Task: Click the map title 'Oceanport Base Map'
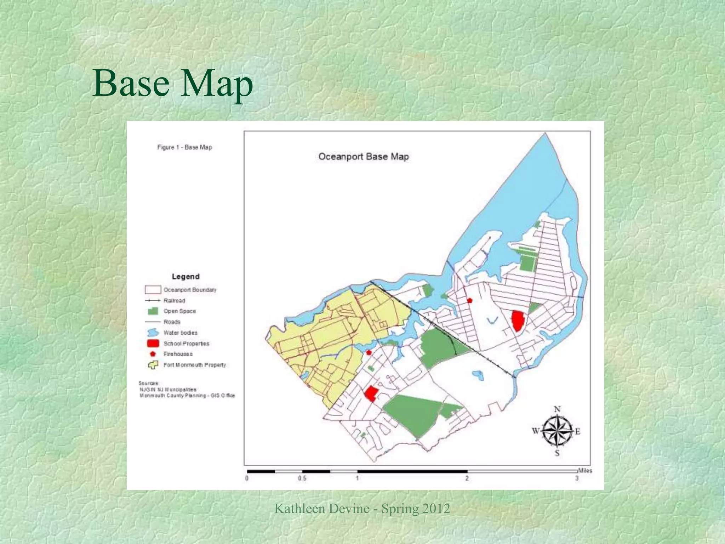pos(364,157)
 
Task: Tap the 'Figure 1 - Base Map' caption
pos(184,147)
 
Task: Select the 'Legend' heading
pos(185,277)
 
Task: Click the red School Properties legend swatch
pos(153,344)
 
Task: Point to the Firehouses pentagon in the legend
pos(153,354)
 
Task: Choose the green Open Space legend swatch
pos(153,311)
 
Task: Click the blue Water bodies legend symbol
pos(153,333)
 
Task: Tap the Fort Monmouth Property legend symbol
pos(153,365)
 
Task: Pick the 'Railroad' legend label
pos(174,301)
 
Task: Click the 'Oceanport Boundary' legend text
pos(190,290)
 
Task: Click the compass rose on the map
pos(557,431)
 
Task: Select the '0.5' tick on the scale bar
pos(302,478)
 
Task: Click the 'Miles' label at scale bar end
pos(585,471)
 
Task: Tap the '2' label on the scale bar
pos(467,478)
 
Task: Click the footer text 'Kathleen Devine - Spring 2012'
pos(362,509)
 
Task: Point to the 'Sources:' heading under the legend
pos(149,383)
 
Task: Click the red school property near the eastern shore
pos(518,321)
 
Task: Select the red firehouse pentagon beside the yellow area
pos(369,352)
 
